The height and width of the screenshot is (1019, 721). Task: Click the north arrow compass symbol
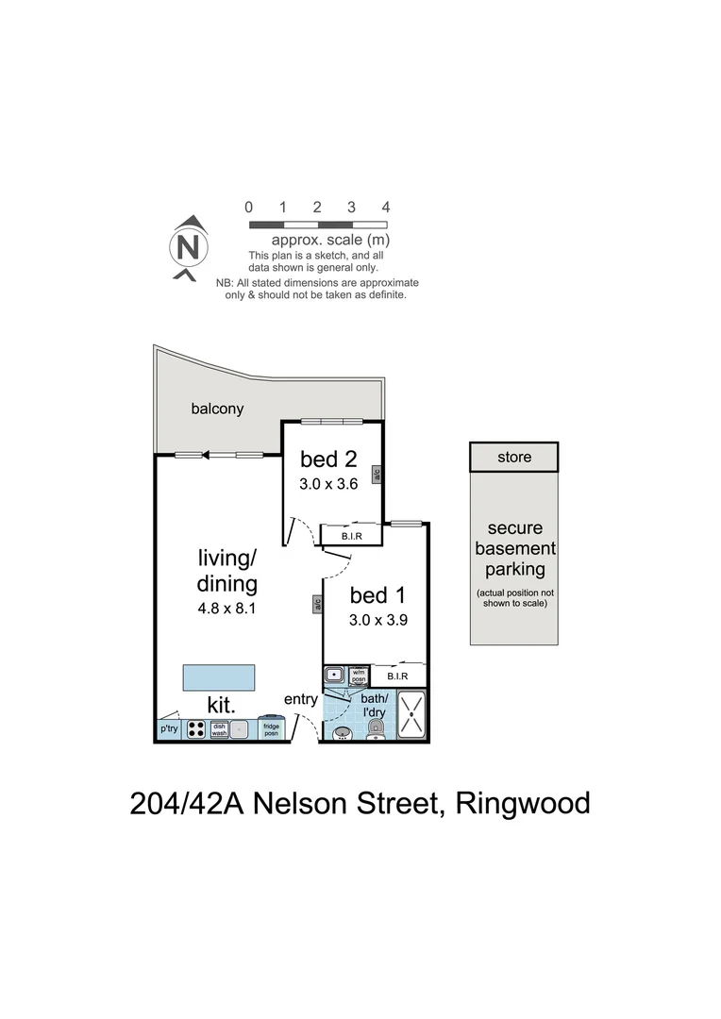[x=189, y=247]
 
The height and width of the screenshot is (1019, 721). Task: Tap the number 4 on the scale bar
[x=385, y=207]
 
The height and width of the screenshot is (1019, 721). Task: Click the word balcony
[x=217, y=409]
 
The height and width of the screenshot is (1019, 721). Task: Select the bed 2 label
[x=328, y=459]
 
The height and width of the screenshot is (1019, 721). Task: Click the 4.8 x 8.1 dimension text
[x=227, y=609]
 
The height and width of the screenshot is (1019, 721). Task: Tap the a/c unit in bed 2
[x=376, y=475]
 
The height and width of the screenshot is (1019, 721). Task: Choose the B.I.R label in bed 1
[x=396, y=676]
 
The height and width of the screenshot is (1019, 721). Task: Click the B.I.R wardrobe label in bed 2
[x=349, y=536]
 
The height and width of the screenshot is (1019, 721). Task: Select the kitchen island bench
[x=219, y=677]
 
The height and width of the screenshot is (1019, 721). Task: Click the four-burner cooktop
[x=196, y=728]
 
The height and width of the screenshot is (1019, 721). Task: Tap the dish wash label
[x=219, y=728]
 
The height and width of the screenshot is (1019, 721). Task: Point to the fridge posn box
[x=272, y=728]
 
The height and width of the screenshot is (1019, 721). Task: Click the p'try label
[x=169, y=728]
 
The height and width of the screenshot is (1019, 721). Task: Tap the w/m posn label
[x=358, y=676]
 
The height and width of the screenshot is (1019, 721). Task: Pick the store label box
[x=514, y=457]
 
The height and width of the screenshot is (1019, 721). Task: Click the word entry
[x=302, y=699]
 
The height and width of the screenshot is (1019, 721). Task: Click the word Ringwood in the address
[x=523, y=805]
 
